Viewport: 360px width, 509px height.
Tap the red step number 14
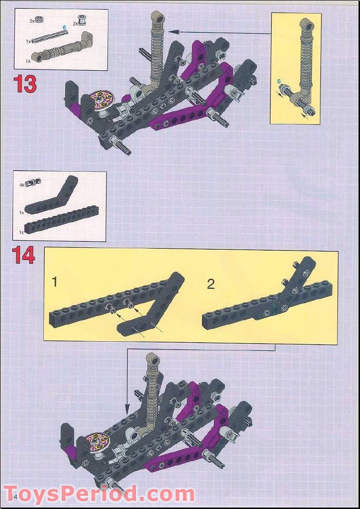tap(24, 255)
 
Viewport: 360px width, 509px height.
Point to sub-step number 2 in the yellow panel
tap(211, 284)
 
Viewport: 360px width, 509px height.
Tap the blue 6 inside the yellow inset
tap(279, 82)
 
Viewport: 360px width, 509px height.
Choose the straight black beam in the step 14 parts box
tap(60, 224)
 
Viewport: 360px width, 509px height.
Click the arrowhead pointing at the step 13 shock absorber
tap(171, 32)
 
